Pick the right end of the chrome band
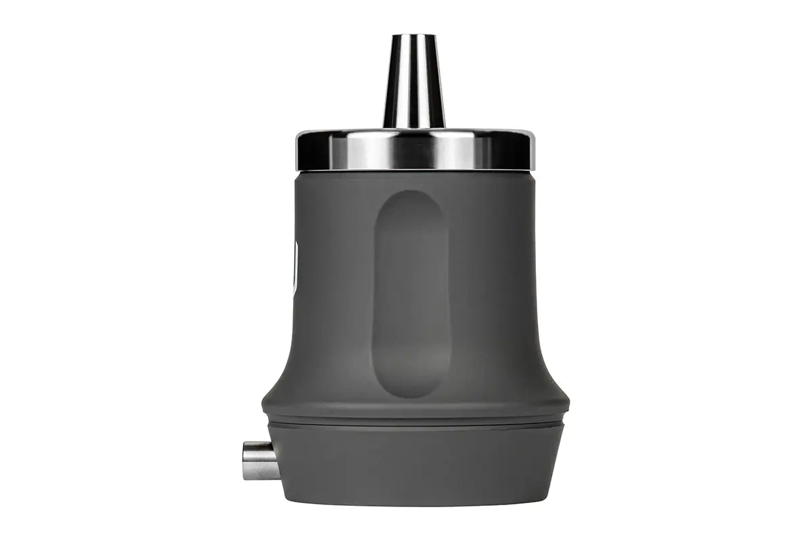(531, 150)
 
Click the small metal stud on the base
(260, 460)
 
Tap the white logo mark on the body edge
(294, 267)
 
